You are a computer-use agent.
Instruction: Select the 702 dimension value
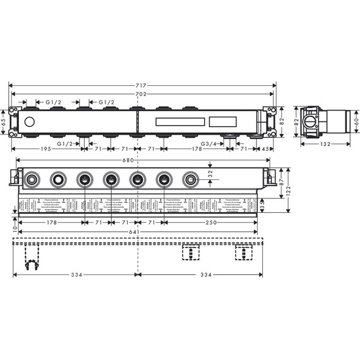point(141,94)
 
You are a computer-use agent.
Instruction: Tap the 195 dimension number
point(42,149)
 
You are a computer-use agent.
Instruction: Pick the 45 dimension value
point(267,149)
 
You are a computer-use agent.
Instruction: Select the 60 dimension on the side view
point(356,121)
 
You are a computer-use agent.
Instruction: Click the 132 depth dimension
point(325,144)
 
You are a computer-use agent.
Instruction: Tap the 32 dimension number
point(210,174)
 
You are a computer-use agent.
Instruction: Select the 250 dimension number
point(212,222)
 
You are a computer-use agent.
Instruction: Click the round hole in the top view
point(30,121)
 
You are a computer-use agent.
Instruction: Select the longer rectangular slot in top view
point(179,121)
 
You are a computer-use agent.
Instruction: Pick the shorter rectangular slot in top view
point(231,121)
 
